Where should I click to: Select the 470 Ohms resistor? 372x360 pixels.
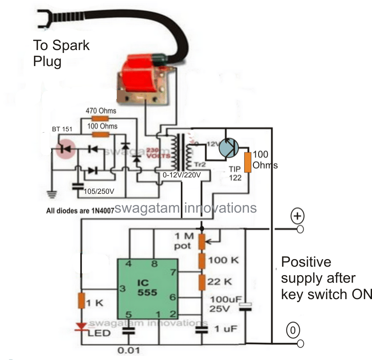[x=101, y=119]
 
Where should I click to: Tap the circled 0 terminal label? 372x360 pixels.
[x=293, y=331]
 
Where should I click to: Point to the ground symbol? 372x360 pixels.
[x=52, y=195]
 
